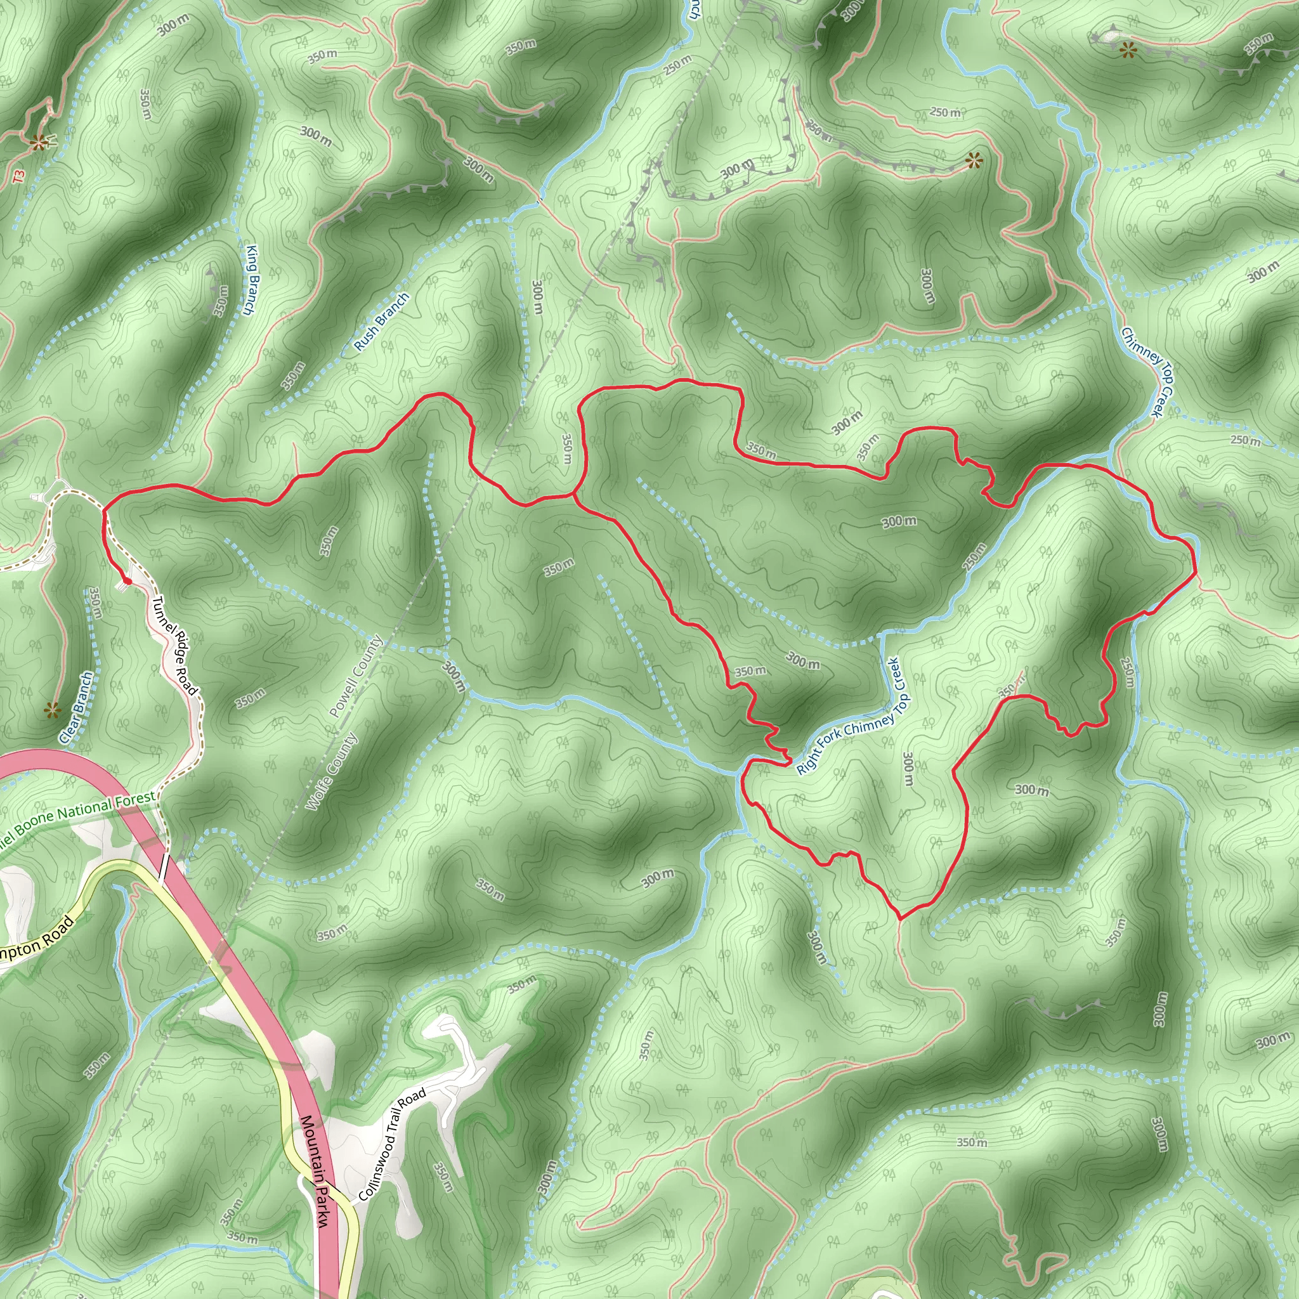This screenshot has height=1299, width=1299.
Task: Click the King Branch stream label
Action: [250, 280]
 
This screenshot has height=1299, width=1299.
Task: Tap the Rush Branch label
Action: [381, 322]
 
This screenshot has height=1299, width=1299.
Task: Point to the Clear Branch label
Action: [76, 707]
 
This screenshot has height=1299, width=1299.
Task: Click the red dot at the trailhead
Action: [126, 581]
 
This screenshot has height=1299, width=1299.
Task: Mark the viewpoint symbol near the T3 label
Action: [39, 141]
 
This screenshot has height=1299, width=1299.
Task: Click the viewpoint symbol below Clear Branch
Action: [52, 709]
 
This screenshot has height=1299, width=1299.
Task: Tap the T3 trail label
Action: [18, 176]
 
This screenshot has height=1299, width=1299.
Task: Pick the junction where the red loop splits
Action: [573, 496]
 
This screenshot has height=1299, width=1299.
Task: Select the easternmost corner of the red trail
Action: [1196, 575]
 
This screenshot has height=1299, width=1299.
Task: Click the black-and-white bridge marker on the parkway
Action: [164, 866]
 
